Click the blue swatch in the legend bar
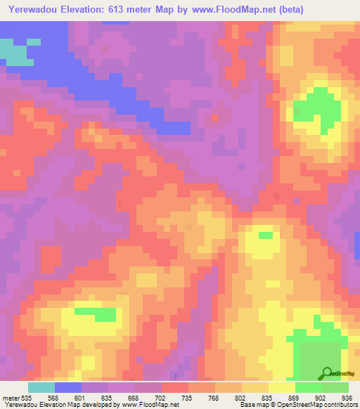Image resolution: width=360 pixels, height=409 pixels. (67, 387)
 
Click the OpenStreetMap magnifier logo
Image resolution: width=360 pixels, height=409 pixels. (328, 372)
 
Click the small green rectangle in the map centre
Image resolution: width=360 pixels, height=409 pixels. (266, 235)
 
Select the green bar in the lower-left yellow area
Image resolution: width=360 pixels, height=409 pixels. (96, 313)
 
